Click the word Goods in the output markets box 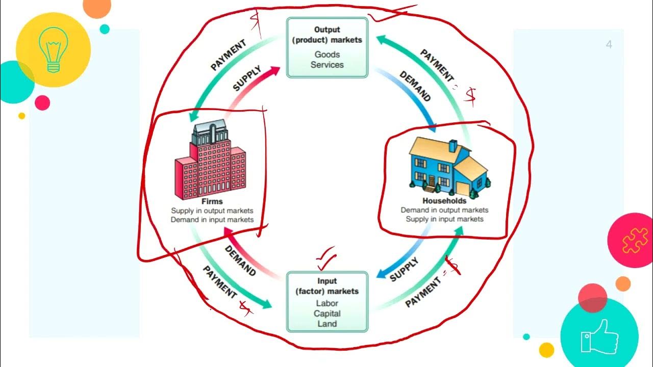click(x=327, y=55)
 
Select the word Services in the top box click(x=327, y=65)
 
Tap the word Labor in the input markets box click(x=327, y=303)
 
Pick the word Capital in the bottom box click(x=327, y=313)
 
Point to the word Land click(x=327, y=324)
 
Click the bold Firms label click(x=212, y=202)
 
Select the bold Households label click(x=444, y=201)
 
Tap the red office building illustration click(x=210, y=163)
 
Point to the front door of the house click(x=432, y=181)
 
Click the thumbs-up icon click(x=600, y=336)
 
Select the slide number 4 click(x=609, y=45)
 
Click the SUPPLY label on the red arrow click(x=247, y=78)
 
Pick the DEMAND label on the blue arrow click(x=415, y=86)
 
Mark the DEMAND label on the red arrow click(x=240, y=260)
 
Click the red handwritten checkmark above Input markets click(x=325, y=257)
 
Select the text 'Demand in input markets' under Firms click(x=212, y=220)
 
